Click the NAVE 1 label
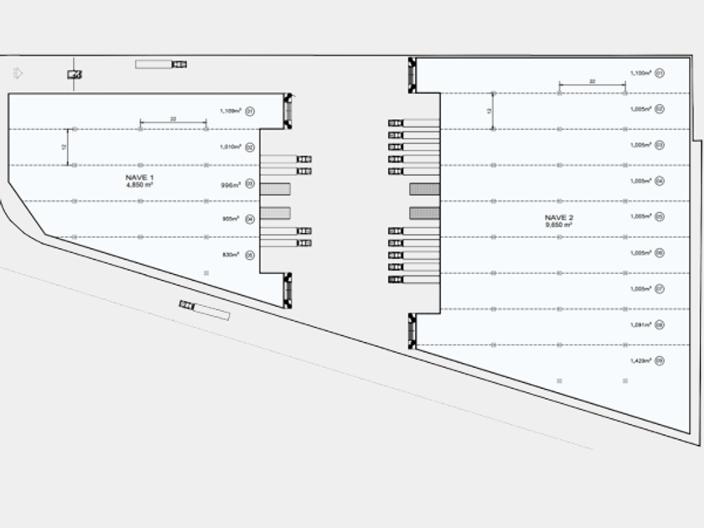click(139, 178)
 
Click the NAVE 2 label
click(558, 218)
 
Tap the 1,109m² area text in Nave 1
click(230, 111)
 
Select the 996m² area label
click(230, 184)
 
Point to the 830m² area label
click(230, 255)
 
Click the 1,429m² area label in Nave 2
click(640, 360)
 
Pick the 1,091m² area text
click(640, 325)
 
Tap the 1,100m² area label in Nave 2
click(640, 73)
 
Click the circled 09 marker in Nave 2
click(660, 360)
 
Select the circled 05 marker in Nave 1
click(250, 255)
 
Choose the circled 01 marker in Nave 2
click(660, 73)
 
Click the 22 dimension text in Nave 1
click(173, 120)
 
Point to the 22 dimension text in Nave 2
click(592, 80)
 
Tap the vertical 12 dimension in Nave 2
click(489, 110)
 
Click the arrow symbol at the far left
click(18, 74)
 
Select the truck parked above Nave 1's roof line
click(161, 64)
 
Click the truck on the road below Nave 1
click(204, 309)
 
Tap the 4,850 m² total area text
click(139, 185)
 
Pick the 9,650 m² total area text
click(558, 225)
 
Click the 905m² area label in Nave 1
click(230, 219)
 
